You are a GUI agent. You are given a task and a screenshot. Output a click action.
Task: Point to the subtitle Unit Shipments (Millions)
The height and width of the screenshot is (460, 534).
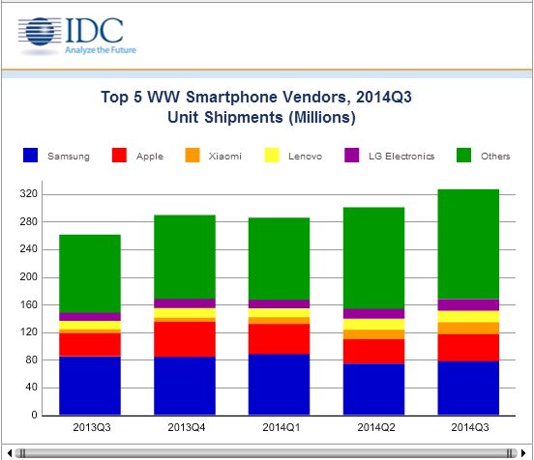tap(266, 118)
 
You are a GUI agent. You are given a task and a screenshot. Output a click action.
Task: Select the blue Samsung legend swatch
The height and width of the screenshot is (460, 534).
tap(31, 156)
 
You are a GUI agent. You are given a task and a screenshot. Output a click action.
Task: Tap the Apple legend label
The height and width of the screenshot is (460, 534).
tap(151, 157)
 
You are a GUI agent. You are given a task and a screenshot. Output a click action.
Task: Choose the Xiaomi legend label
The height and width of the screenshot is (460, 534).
tap(225, 157)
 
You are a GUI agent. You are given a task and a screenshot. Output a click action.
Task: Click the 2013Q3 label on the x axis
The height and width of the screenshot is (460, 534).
tap(90, 425)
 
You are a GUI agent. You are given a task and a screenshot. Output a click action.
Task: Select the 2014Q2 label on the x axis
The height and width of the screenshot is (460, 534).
tap(373, 425)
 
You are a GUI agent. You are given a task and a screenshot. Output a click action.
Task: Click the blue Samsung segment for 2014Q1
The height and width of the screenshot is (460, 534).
tap(279, 385)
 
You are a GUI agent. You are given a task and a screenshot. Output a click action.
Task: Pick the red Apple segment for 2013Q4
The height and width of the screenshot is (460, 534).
tap(184, 339)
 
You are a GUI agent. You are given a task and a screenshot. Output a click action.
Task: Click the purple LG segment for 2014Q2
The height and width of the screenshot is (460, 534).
tap(373, 313)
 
